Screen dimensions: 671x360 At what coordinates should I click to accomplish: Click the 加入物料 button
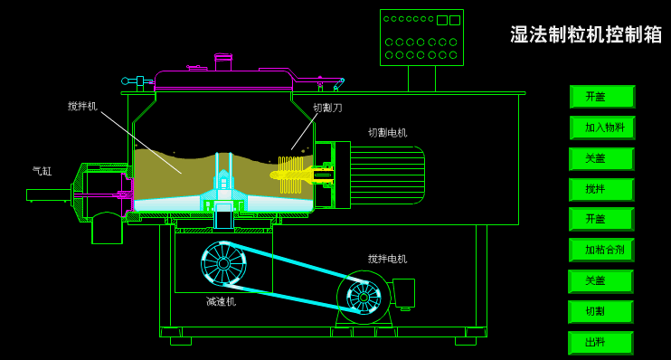[x=602, y=128]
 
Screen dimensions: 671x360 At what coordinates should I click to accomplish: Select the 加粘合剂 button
[x=601, y=250]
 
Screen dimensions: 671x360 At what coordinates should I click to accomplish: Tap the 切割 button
[x=600, y=312]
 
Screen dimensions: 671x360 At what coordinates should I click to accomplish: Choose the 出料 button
[x=600, y=343]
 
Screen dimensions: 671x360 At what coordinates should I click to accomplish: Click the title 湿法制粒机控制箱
[x=586, y=34]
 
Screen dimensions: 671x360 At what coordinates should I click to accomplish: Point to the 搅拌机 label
[x=82, y=106]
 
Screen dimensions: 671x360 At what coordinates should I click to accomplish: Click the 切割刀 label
[x=327, y=108]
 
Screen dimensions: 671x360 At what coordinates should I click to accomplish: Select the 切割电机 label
[x=388, y=133]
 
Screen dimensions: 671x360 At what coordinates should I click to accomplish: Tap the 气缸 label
[x=42, y=171]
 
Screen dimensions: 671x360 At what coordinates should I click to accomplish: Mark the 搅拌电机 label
[x=388, y=259]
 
